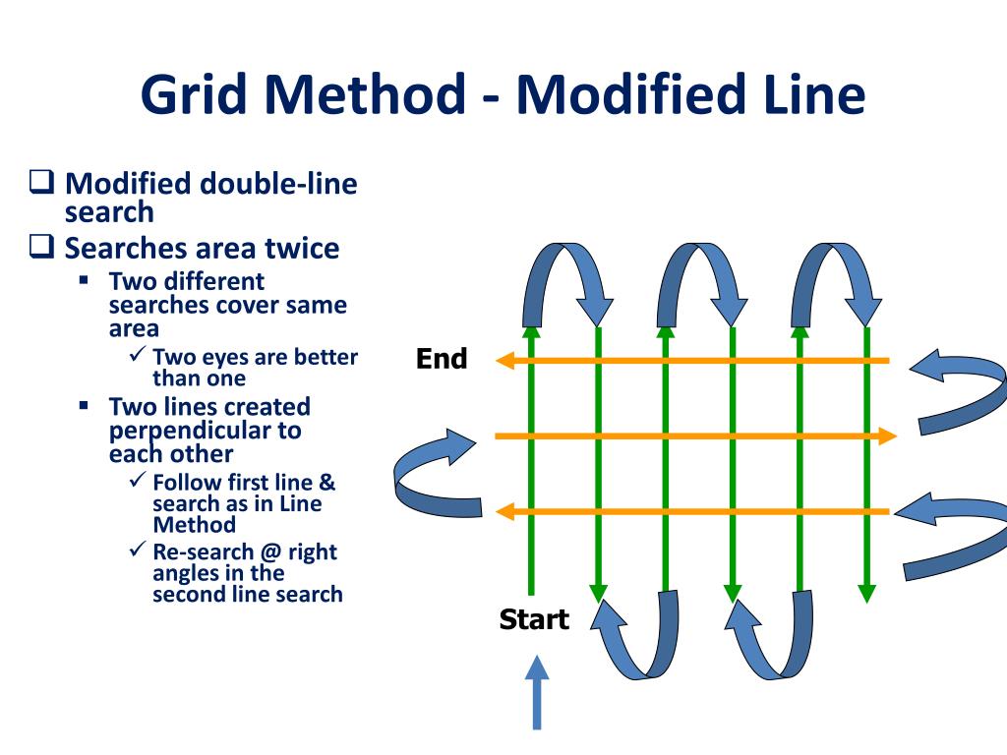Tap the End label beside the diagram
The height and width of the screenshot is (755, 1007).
tap(442, 359)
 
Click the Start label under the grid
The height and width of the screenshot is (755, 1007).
tap(534, 619)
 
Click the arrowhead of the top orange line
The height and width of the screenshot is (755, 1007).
tap(504, 361)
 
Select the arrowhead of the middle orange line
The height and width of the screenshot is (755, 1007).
tap(887, 436)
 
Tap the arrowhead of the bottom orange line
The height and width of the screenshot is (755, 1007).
tap(504, 511)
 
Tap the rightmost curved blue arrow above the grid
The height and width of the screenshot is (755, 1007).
tap(837, 280)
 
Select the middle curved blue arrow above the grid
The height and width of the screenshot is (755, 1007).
tap(702, 280)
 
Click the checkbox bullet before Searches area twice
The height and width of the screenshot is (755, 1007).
tap(41, 248)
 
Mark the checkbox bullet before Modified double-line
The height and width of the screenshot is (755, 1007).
tap(41, 184)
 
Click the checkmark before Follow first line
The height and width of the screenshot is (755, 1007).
tap(139, 482)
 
